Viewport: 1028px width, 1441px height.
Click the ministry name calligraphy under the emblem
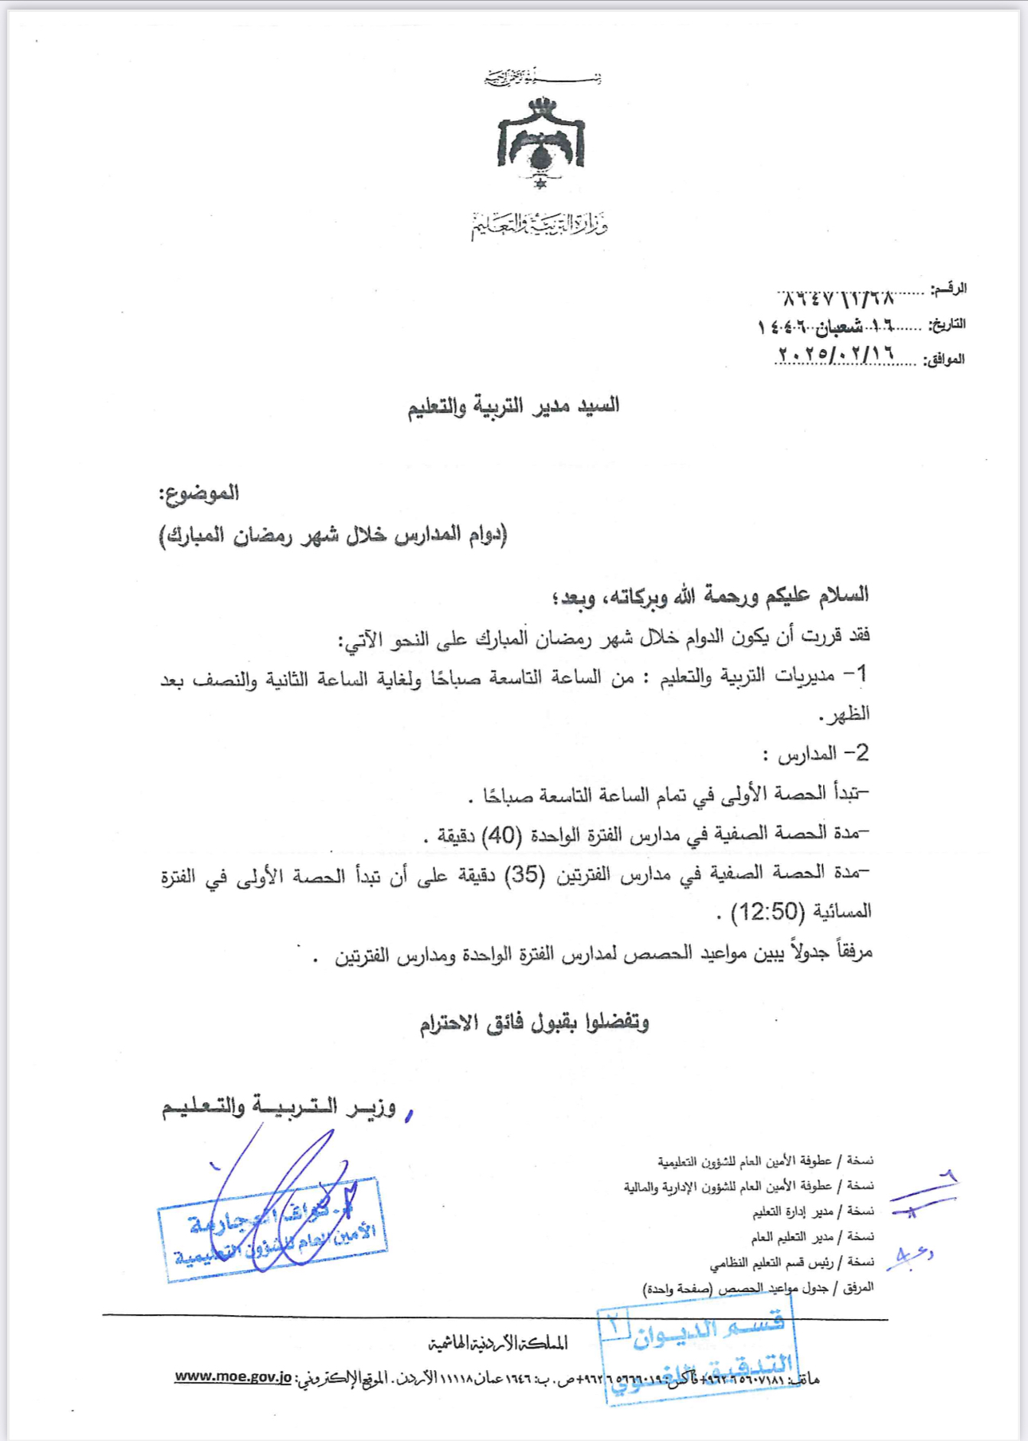tap(540, 226)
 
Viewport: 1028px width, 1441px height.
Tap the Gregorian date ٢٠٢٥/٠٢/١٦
tap(835, 353)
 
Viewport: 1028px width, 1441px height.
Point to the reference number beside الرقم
tap(836, 299)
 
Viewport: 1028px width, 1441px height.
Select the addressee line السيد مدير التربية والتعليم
tap(514, 406)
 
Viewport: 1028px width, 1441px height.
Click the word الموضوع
tap(199, 493)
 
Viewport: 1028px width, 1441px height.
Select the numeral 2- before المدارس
tap(856, 753)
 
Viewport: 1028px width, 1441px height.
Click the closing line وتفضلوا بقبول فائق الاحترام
tap(535, 1023)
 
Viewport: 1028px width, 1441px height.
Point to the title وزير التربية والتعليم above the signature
tap(279, 1107)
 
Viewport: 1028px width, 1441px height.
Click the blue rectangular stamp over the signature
tap(273, 1231)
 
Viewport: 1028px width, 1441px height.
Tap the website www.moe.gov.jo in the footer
tap(233, 1377)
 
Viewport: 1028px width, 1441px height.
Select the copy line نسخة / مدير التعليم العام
tap(812, 1237)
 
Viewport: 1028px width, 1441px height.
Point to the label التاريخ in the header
tap(948, 324)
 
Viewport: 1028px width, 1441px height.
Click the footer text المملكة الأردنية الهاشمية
tap(498, 1344)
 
